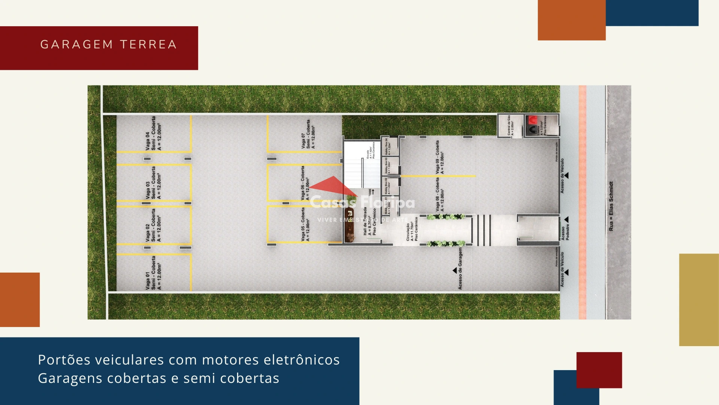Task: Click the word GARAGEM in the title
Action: point(76,44)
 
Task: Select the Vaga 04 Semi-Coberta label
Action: point(154,133)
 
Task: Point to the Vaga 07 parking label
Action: point(308,134)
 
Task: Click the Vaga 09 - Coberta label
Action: point(440,157)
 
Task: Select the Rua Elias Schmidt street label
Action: point(611,206)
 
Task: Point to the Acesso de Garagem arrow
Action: point(455,270)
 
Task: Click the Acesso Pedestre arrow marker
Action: point(567,220)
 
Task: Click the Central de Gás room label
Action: point(510,125)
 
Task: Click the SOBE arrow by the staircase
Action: point(373,192)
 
